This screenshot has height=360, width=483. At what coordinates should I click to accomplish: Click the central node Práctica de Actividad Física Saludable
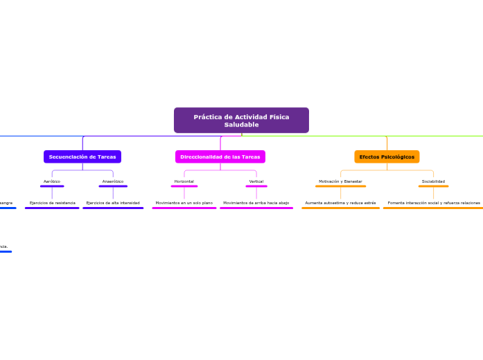pyautogui.click(x=241, y=120)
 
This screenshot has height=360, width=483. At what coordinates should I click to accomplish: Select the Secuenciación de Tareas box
pyautogui.click(x=82, y=157)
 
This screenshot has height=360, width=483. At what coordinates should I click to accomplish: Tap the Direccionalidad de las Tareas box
pyautogui.click(x=220, y=157)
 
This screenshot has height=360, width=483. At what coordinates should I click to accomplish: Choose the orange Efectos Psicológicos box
pyautogui.click(x=387, y=157)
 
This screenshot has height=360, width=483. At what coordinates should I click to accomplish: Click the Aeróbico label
pyautogui.click(x=52, y=181)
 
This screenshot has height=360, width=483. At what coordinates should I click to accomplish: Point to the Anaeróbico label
pyautogui.click(x=113, y=181)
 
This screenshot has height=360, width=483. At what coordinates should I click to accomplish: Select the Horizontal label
pyautogui.click(x=184, y=181)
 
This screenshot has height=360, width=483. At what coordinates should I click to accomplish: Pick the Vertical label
pyautogui.click(x=256, y=181)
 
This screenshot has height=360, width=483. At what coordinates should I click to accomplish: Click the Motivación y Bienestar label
pyautogui.click(x=340, y=181)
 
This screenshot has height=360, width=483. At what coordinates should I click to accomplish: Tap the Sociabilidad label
pyautogui.click(x=433, y=181)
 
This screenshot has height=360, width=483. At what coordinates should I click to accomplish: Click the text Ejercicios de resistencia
pyautogui.click(x=52, y=203)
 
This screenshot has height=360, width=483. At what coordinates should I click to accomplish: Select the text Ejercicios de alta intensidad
pyautogui.click(x=113, y=203)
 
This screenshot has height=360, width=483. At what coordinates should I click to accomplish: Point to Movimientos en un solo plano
pyautogui.click(x=184, y=203)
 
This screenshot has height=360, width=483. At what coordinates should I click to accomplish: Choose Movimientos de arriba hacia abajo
pyautogui.click(x=256, y=203)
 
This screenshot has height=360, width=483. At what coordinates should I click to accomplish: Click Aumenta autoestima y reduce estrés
pyautogui.click(x=340, y=203)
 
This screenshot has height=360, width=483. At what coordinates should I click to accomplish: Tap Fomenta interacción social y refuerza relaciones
pyautogui.click(x=433, y=203)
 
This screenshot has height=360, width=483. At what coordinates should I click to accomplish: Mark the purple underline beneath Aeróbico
pyautogui.click(x=52, y=186)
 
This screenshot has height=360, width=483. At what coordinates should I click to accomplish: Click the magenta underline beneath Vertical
pyautogui.click(x=256, y=186)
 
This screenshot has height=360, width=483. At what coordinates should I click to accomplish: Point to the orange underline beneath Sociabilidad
pyautogui.click(x=433, y=186)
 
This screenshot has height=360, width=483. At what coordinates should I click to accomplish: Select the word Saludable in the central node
pyautogui.click(x=241, y=125)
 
